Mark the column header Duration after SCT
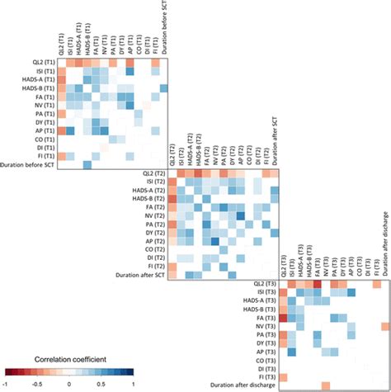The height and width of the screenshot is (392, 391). pos(273,140)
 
